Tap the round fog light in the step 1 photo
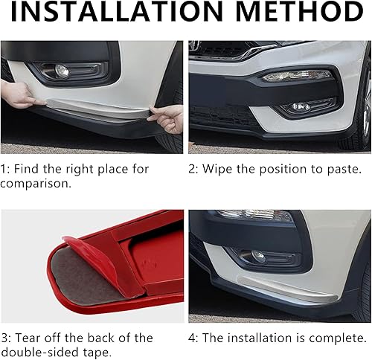click(62, 71)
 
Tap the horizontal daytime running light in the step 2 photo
click(297, 75)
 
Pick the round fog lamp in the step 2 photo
click(300, 107)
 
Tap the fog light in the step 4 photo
click(257, 256)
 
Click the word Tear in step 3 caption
click(30, 338)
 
